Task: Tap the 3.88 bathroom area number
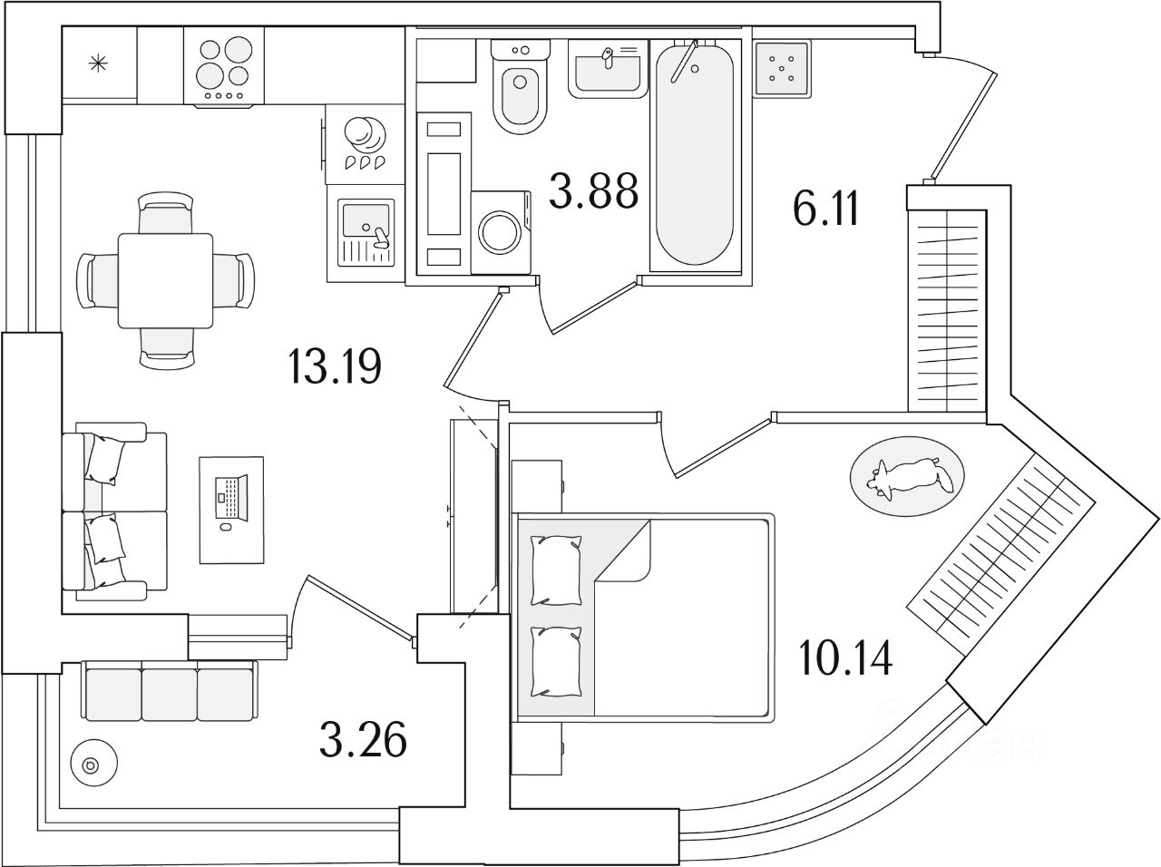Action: point(594,190)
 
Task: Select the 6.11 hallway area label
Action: point(825,211)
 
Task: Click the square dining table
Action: point(166,280)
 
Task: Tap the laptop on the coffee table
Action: point(231,498)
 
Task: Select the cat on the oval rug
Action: point(907,477)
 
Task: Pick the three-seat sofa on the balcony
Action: point(170,692)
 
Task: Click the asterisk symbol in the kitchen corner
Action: point(97,63)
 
